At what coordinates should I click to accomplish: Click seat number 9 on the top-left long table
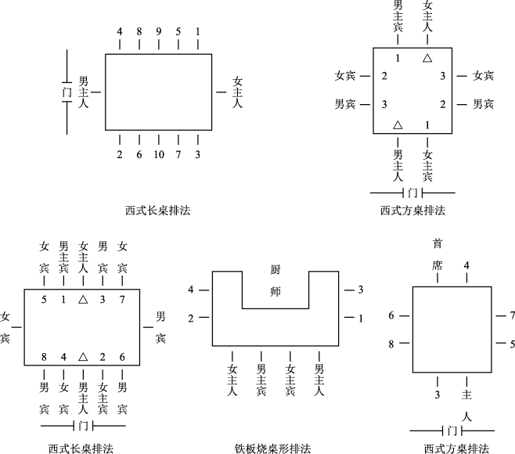159,32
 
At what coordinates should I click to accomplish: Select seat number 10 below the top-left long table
159,154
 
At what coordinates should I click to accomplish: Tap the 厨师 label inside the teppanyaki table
275,282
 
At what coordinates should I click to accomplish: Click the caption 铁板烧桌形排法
272,449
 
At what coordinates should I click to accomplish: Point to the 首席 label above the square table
437,254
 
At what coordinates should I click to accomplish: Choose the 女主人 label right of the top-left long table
237,92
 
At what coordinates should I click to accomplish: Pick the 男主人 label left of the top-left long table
83,92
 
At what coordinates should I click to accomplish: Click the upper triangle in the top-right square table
427,58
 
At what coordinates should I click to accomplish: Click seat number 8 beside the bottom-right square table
391,343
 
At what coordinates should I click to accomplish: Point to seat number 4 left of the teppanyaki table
191,290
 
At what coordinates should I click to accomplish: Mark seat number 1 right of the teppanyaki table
360,318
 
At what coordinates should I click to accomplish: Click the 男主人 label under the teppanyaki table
319,380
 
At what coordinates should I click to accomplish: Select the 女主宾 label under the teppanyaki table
290,380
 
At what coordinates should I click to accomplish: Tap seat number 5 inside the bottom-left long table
44,300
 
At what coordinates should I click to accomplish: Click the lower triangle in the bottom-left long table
83,357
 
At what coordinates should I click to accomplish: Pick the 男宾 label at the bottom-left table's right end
160,327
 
